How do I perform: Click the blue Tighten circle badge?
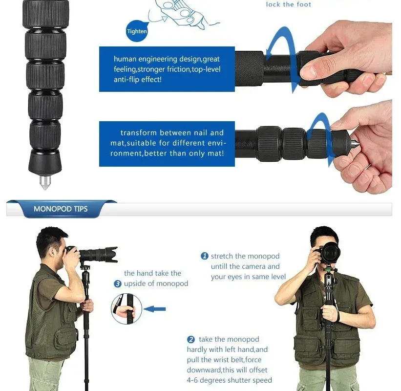137,31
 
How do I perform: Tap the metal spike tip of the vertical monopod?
45,183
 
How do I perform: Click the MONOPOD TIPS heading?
61,209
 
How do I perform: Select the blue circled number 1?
205,256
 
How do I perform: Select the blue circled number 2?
191,340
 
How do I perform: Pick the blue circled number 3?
118,283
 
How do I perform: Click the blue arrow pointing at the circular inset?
155,309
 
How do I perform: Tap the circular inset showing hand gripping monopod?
127,309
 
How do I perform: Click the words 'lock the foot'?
288,4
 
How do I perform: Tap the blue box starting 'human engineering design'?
167,69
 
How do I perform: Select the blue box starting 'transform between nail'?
167,143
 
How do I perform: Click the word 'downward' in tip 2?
204,370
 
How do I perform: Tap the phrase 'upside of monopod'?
156,283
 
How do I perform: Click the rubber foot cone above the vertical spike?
45,161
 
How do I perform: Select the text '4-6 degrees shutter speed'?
229,380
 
